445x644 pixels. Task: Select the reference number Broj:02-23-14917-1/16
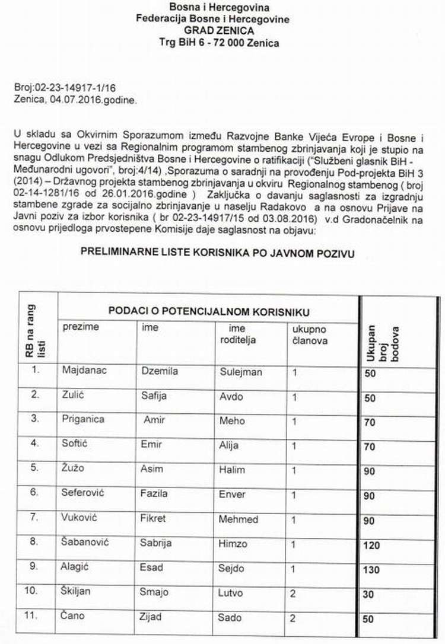(56, 87)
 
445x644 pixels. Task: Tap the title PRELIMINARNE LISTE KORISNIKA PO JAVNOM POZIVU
(218, 252)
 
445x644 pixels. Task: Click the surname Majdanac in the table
(83, 372)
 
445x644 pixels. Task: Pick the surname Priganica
(83, 419)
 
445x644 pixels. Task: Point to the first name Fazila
(154, 493)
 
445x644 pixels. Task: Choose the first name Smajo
(155, 592)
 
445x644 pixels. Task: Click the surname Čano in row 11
(74, 617)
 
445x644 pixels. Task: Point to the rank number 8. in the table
(35, 542)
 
